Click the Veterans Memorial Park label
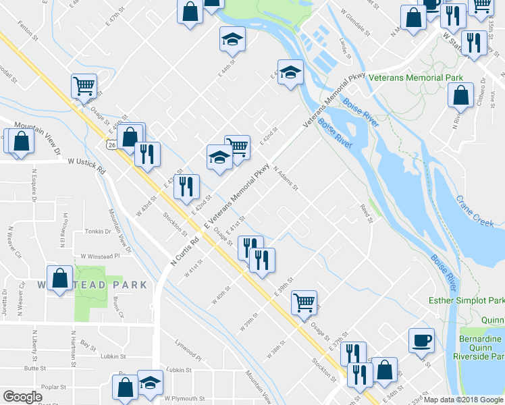416,78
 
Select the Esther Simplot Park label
467,300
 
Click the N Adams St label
286,180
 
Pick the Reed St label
366,213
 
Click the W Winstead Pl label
99,256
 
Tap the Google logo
22,397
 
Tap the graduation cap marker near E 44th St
232,38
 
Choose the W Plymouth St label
183,399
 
